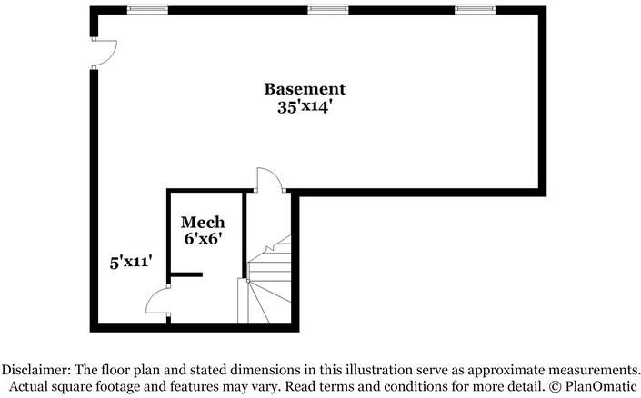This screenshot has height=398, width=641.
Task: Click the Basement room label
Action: coord(305,89)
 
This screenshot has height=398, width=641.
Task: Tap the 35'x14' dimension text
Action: coord(305,107)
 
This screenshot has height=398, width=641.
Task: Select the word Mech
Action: coord(203,223)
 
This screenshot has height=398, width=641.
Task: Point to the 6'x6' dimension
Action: coord(203,239)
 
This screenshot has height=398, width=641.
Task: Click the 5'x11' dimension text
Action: coord(131,262)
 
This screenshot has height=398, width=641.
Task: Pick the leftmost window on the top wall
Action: coord(147,9)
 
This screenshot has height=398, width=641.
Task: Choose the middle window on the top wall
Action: coord(328,9)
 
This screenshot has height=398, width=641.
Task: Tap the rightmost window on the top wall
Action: coord(475,9)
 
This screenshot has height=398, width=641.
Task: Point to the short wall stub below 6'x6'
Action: coord(186,274)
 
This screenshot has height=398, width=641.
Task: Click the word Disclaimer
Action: coord(36,370)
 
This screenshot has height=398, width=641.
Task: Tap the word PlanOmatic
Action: coord(601,386)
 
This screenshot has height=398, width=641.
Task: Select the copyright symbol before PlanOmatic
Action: coord(556,386)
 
